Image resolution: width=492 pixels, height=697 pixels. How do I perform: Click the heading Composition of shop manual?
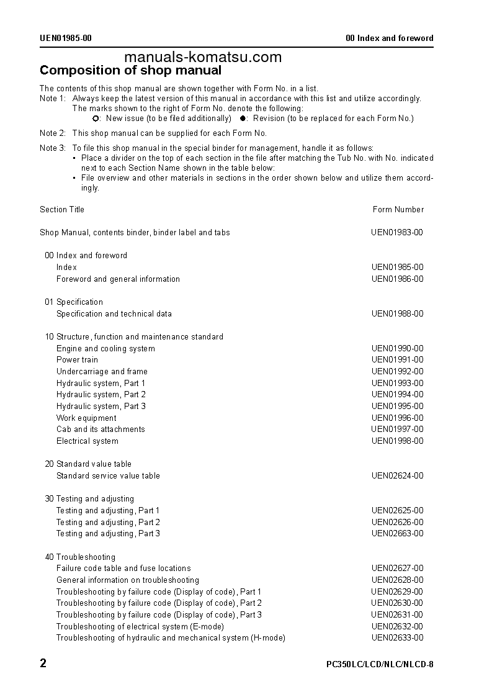point(130,70)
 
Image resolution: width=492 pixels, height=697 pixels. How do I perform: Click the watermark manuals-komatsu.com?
point(202,57)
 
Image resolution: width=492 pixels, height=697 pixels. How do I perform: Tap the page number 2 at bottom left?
point(43,663)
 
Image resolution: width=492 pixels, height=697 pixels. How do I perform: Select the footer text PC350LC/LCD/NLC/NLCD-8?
point(380,664)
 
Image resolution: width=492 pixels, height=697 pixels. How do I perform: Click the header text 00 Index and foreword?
point(389,38)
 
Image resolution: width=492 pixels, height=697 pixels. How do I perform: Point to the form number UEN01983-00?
point(397,233)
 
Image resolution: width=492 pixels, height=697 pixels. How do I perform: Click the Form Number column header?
point(398,210)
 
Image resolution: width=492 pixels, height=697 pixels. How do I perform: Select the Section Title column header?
point(62,210)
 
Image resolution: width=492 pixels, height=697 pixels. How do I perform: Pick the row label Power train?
point(77,360)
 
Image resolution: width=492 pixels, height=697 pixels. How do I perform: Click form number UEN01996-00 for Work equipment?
point(397,418)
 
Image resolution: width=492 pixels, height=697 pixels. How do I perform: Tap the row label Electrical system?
point(87,441)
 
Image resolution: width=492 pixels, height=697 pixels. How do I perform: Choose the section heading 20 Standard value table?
point(88,464)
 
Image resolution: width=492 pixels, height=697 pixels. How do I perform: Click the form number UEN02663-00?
point(397,534)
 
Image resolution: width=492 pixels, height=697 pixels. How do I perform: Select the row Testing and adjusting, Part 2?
point(108,523)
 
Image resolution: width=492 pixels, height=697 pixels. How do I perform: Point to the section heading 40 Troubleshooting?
point(80,557)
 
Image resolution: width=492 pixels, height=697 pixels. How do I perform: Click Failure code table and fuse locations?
point(123,569)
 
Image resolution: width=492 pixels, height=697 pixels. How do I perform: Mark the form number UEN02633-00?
point(397,638)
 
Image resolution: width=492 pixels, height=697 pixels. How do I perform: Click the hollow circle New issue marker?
point(96,119)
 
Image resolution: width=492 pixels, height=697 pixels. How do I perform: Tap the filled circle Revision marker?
point(244,119)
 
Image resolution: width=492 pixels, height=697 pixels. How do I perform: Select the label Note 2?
point(52,133)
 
